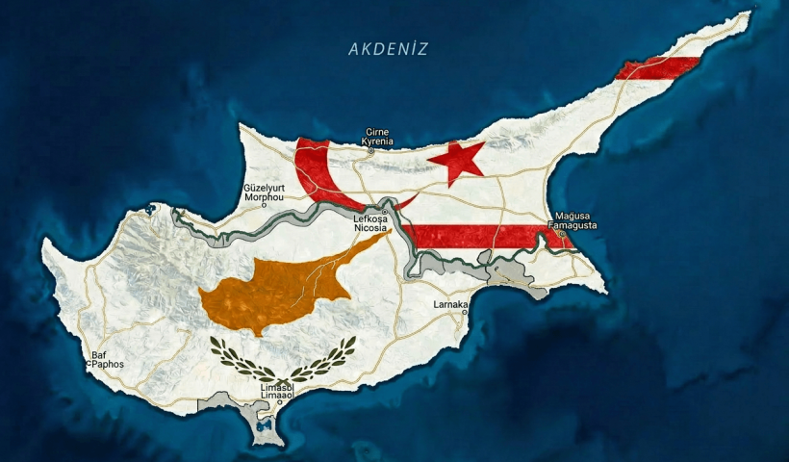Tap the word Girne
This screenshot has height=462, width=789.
coord(377,132)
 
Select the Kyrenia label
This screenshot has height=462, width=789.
coord(377,141)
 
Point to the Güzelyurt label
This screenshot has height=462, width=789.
coord(265,187)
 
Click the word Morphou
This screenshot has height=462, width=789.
coord(265,197)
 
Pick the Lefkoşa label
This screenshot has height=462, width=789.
coord(371,218)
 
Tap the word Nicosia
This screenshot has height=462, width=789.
coord(371,228)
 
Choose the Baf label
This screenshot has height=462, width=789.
coord(98,355)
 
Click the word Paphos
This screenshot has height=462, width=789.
coord(107,365)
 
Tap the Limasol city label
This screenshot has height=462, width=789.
coord(277,387)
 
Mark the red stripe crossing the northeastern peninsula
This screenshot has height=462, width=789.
coord(658,68)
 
